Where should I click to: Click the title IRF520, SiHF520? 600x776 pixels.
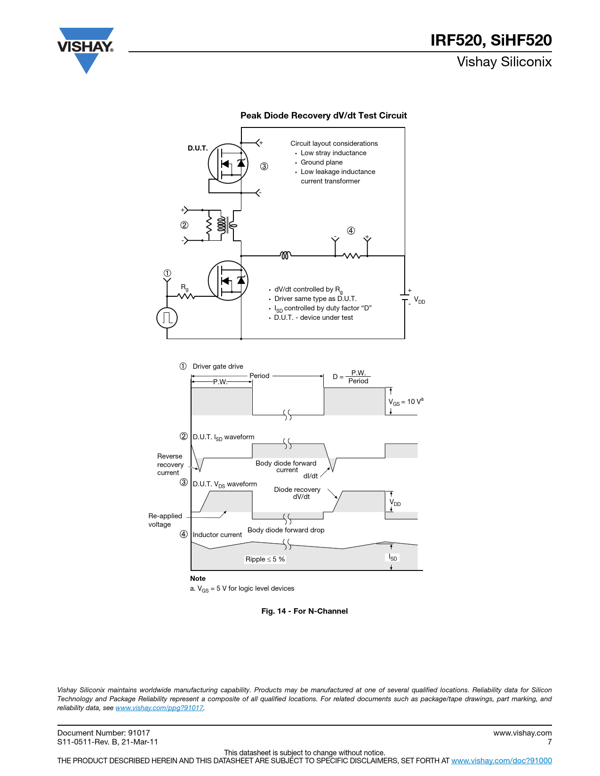pos(491,40)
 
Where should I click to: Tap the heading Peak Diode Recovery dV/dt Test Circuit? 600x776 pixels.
pos(323,116)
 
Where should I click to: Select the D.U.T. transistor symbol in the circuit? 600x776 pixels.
pos(228,164)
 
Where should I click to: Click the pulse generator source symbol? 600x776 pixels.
pos(167,318)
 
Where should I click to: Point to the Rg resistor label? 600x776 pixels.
pos(184,287)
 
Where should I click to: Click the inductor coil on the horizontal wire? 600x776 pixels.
pos(285,255)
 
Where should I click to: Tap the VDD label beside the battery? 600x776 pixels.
pos(419,300)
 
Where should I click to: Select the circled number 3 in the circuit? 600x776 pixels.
pos(264,166)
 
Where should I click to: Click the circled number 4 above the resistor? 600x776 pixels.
pos(351,230)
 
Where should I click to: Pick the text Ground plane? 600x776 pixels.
pos(321,162)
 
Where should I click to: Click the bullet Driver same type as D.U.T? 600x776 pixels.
pos(315,299)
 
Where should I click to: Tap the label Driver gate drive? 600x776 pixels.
pos(218,366)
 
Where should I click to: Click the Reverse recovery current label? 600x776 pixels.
pos(170,465)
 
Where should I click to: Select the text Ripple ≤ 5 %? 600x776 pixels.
pos(265,559)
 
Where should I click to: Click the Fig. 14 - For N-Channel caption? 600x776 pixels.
pos(304,611)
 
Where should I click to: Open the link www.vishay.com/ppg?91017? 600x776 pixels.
pos(160,708)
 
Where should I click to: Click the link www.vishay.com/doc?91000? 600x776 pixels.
pos(501,760)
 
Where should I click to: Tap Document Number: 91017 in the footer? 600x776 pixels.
pos(104,733)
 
